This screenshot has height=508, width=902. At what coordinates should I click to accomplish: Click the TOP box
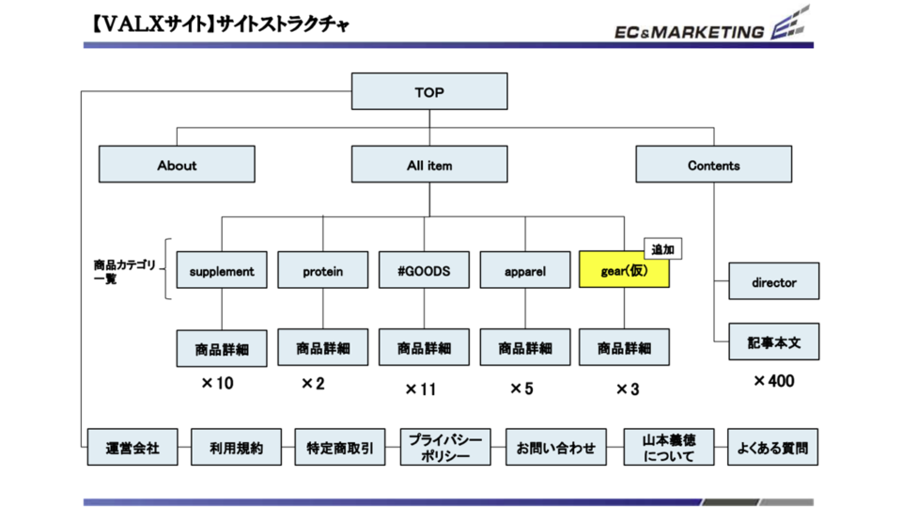429,92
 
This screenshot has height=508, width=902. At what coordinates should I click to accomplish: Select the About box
177,165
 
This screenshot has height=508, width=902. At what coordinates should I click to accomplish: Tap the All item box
429,165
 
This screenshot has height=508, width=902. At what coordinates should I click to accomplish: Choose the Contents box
714,165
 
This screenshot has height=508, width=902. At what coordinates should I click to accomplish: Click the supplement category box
222,271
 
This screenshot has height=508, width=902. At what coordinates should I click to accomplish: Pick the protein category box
323,271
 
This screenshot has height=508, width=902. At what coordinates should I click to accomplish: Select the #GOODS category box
425,271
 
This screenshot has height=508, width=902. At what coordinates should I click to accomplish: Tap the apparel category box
525,271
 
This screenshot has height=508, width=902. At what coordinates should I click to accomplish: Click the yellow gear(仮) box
624,271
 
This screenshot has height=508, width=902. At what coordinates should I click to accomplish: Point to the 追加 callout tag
663,249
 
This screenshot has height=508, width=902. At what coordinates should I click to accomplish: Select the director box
774,281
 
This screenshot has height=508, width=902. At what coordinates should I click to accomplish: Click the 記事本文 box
774,341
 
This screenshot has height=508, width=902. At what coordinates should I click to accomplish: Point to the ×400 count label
773,381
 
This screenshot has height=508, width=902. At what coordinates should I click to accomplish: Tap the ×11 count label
421,389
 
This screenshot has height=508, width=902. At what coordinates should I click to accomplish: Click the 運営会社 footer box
132,448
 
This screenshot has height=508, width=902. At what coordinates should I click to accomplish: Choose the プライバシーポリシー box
445,448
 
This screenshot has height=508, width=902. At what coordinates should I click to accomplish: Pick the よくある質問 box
773,448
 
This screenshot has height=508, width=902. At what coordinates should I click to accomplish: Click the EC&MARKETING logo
705,28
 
